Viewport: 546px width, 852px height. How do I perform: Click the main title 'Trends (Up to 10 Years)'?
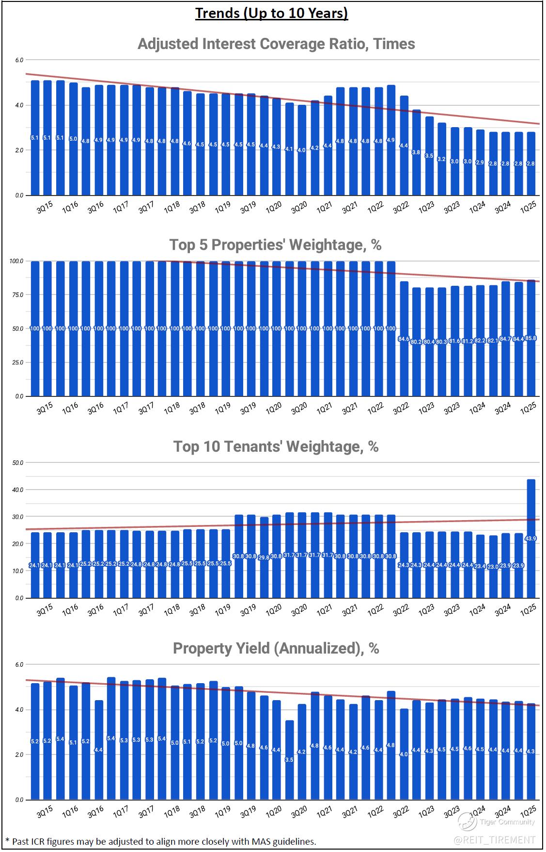(271, 13)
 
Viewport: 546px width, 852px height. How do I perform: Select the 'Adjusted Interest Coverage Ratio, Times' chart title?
(276, 44)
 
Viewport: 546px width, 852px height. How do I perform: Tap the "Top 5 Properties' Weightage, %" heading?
(275, 245)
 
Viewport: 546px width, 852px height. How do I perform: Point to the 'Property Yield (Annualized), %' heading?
(276, 648)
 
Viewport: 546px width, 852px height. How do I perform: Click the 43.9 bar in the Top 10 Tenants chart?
(530, 539)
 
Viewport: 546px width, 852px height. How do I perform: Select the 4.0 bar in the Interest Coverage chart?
(302, 150)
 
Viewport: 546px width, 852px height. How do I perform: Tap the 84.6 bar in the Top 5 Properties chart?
(404, 339)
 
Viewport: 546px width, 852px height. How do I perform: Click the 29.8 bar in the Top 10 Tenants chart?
(264, 557)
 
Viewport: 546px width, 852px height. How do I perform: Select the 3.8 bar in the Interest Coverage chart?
(416, 152)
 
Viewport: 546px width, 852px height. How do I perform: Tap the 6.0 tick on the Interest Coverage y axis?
(18, 60)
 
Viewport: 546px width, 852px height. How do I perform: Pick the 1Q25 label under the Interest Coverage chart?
(528, 208)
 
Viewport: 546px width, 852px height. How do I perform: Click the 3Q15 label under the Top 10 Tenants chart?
(44, 610)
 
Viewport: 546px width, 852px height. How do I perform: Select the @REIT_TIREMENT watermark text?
(494, 839)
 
